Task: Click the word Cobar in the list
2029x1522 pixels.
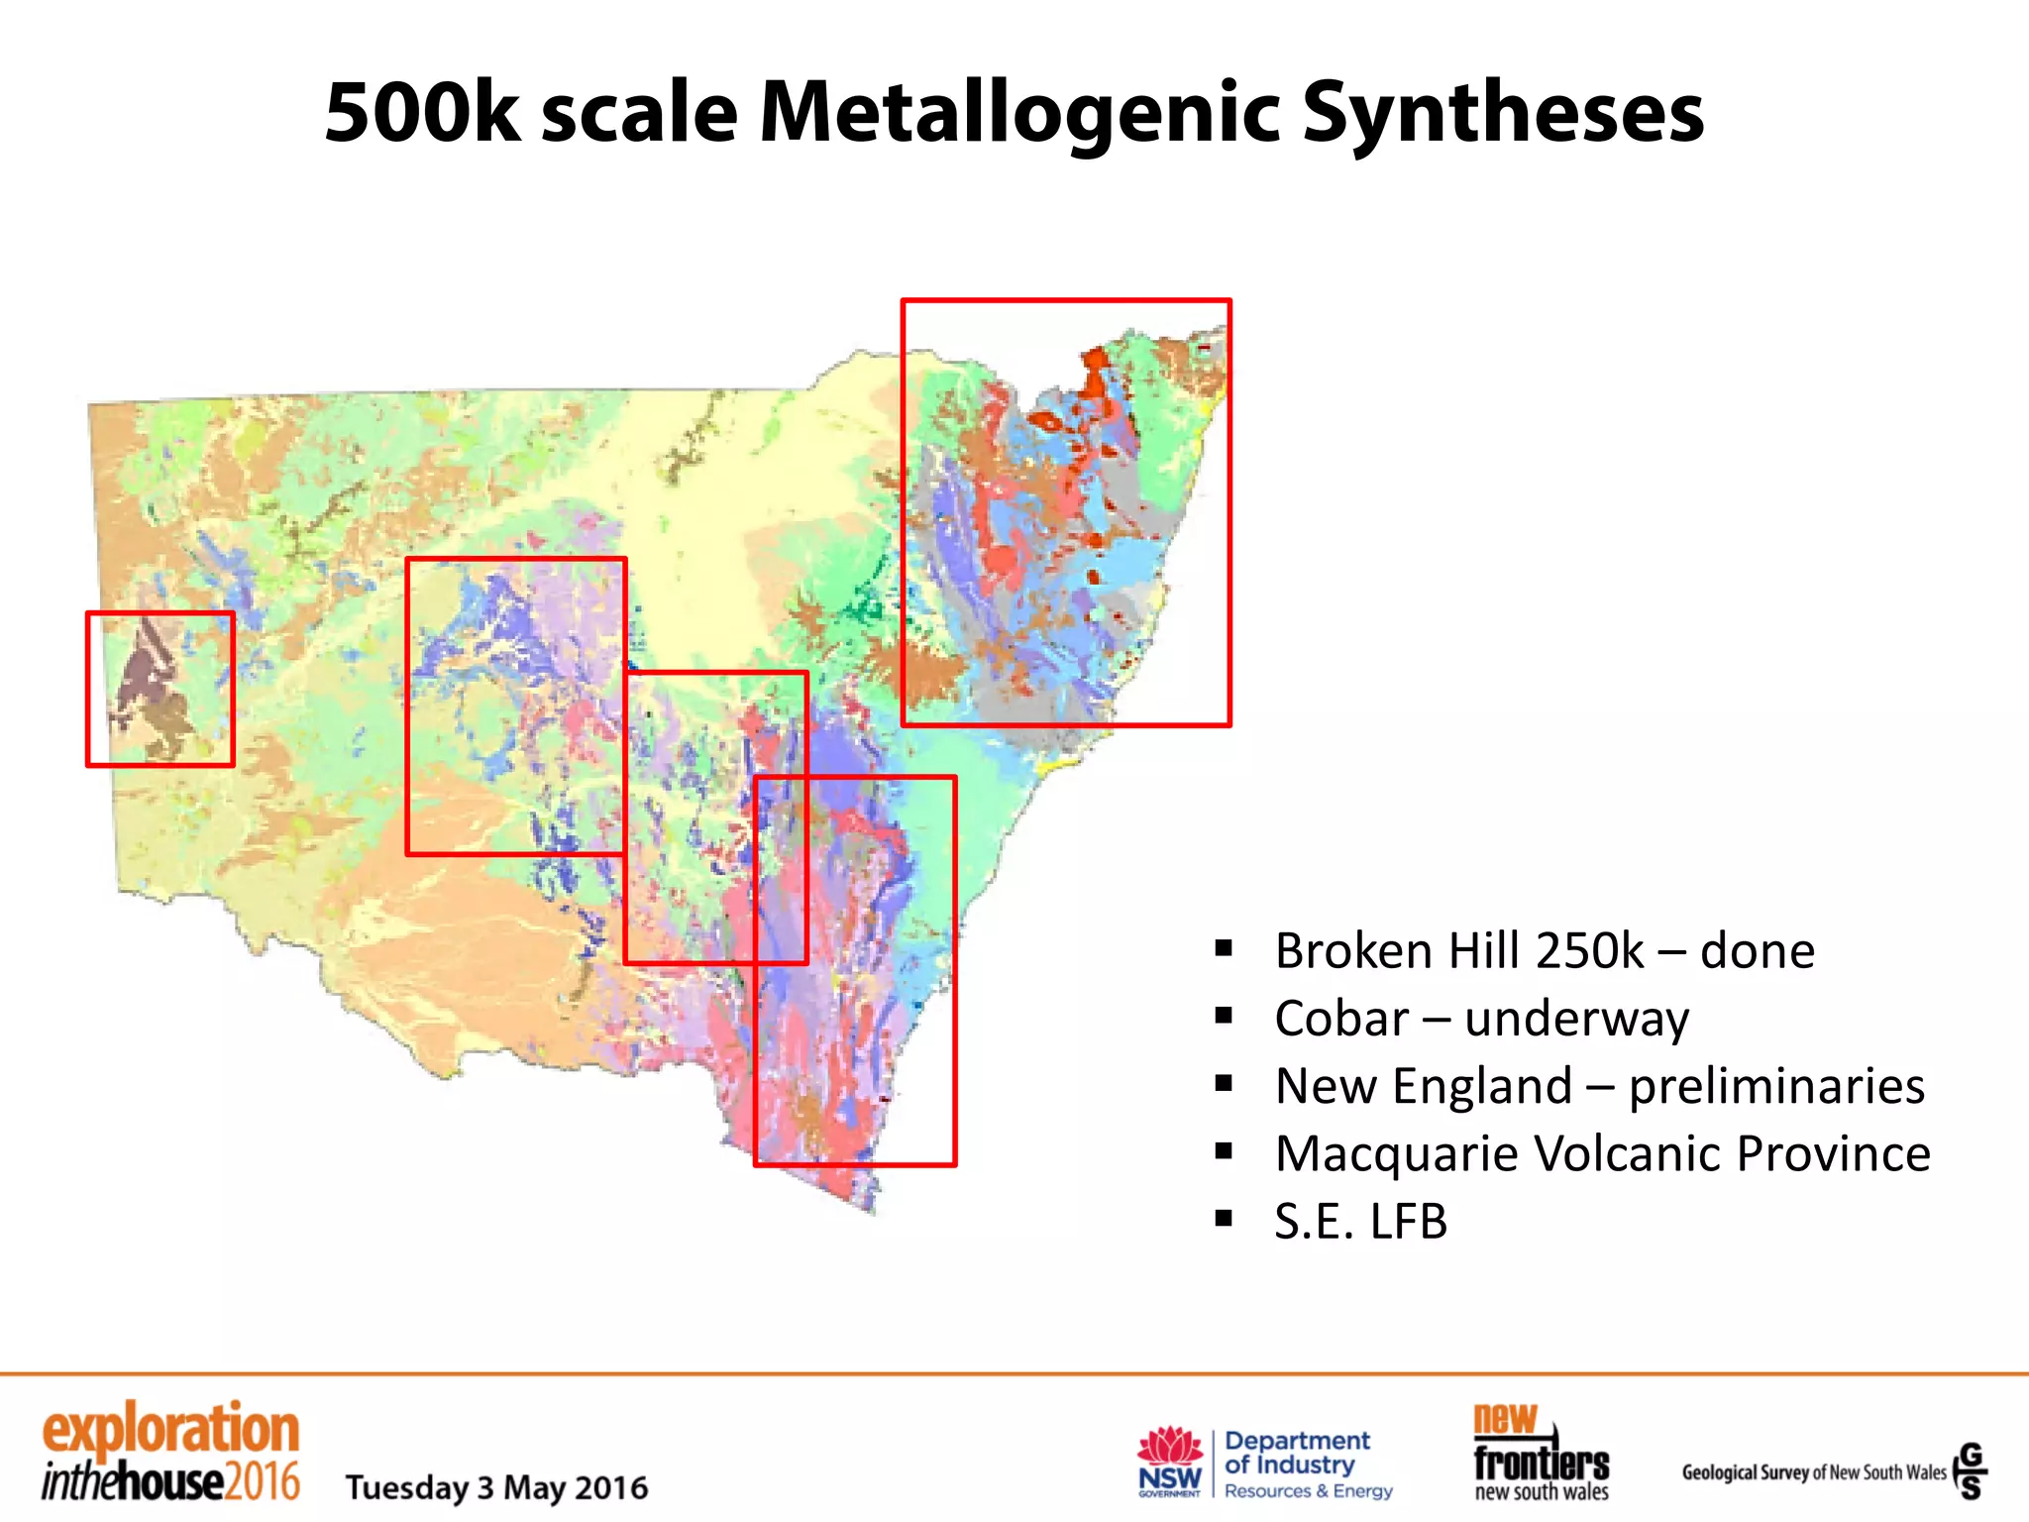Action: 1341,1019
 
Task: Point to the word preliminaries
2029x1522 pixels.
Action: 1776,1086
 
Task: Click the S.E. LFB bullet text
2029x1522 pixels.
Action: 1360,1221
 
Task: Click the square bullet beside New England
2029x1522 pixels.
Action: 1225,1084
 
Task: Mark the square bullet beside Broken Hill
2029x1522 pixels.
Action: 1225,949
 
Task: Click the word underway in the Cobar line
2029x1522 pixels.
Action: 1576,1019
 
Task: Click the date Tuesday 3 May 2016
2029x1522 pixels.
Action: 496,1487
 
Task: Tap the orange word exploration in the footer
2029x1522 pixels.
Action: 170,1430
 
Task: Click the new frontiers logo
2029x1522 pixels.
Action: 1541,1453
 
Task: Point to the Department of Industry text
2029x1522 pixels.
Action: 1298,1453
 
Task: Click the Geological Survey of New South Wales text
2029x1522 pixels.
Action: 1813,1472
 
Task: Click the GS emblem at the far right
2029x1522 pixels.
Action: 1971,1470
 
